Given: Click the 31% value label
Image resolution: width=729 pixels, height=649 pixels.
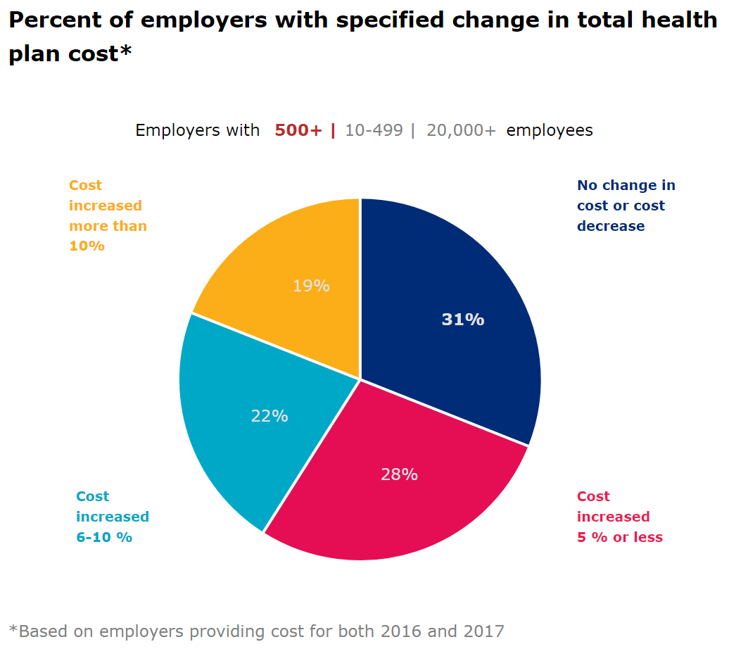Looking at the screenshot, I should [463, 320].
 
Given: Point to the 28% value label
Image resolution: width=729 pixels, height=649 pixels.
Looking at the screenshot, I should [399, 474].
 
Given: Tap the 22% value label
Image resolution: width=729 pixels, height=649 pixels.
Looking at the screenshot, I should [270, 416].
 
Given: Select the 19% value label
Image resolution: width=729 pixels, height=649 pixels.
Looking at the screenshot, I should [311, 286].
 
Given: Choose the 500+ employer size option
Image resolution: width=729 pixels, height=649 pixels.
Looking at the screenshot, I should [298, 130].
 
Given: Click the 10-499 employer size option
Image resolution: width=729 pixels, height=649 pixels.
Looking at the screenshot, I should [374, 130].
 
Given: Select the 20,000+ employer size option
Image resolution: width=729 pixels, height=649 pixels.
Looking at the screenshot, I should [461, 130].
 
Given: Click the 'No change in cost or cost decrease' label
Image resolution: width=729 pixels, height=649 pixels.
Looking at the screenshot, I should [626, 206].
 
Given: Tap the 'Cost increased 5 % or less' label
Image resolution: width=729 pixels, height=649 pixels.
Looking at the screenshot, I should [619, 517].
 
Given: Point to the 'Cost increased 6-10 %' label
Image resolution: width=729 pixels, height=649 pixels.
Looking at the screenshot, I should [112, 517].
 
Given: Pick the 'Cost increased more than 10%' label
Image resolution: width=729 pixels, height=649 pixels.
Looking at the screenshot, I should [108, 215].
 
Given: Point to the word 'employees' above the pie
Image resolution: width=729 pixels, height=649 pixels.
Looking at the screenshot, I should [549, 130].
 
